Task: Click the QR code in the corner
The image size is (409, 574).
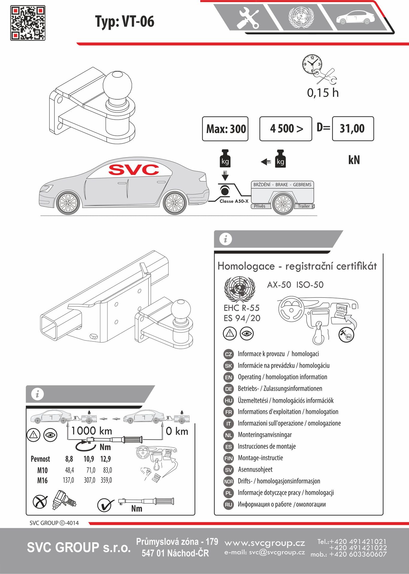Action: (28, 23)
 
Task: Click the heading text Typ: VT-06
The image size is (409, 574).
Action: (125, 22)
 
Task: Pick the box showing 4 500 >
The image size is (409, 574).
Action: (286, 129)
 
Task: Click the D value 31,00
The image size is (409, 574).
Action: (353, 129)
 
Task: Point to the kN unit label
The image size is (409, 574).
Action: (354, 160)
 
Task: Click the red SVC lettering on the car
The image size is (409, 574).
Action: (134, 170)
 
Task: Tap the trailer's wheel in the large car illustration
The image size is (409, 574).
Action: (283, 204)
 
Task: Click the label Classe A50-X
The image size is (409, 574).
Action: (234, 201)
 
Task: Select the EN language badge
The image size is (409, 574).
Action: (228, 377)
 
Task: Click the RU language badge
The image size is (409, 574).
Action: (228, 505)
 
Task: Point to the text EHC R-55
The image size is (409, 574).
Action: (241, 308)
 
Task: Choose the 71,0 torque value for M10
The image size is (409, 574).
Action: (91, 470)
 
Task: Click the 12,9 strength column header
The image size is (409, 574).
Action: (106, 459)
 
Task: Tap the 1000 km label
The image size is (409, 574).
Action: (92, 431)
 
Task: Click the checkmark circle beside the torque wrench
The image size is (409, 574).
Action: (105, 505)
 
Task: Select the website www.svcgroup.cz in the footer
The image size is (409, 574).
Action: (265, 543)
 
